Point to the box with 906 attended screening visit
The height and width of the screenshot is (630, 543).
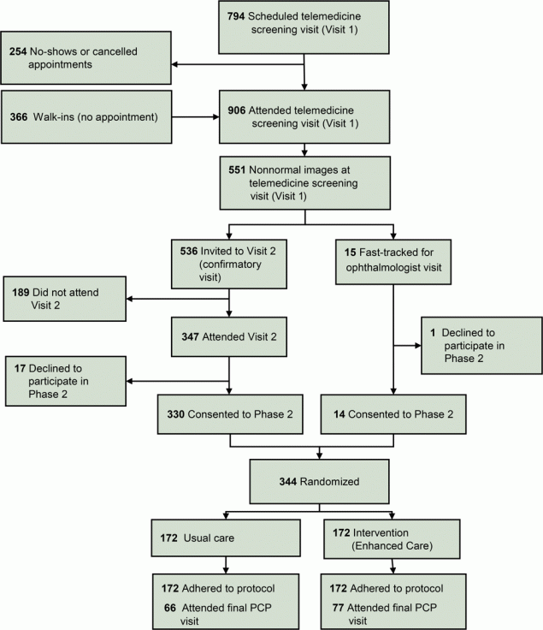(304, 116)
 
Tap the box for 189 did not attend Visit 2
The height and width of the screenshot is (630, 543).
(63, 300)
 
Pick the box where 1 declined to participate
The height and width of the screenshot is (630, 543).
(481, 346)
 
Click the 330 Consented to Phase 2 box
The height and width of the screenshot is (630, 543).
(229, 414)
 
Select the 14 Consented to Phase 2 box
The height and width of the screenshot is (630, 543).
(393, 414)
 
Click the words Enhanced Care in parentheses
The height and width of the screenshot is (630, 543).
(387, 545)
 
